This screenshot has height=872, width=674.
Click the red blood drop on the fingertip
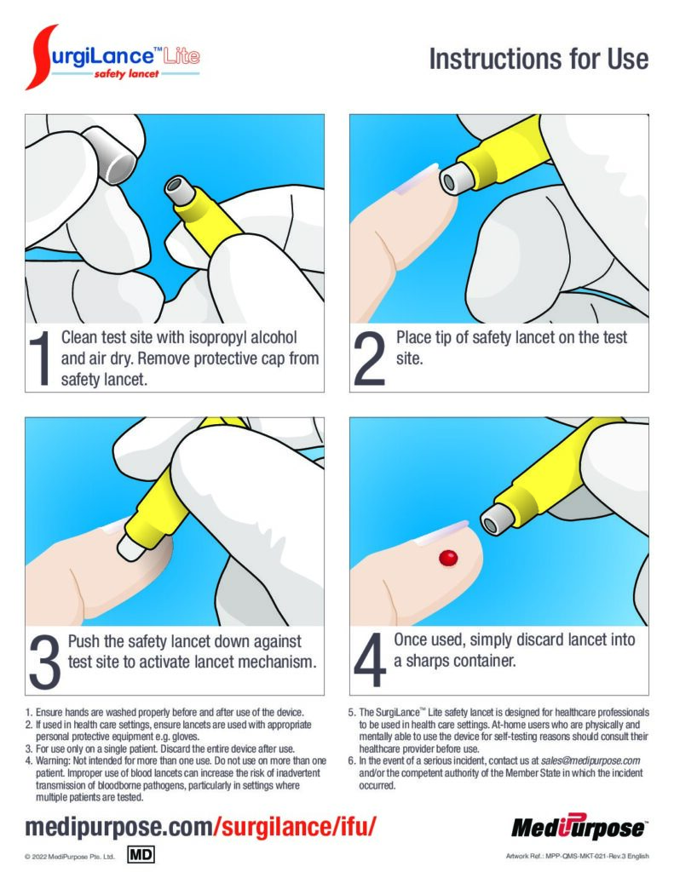[x=448, y=558]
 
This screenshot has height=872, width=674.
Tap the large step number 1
[x=41, y=359]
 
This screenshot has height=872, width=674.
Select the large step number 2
[x=370, y=359]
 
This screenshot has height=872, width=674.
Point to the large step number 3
[x=44, y=662]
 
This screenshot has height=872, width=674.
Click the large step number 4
[x=370, y=660]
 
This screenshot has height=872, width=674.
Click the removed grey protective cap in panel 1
[x=111, y=155]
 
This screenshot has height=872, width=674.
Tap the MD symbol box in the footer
[x=141, y=854]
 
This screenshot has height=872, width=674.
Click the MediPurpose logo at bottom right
[x=579, y=828]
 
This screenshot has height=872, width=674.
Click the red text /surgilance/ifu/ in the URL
[x=296, y=827]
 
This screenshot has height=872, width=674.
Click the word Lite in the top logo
[x=181, y=56]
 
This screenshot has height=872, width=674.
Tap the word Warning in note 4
[x=54, y=760]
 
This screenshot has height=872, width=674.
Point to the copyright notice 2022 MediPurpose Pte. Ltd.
[x=70, y=857]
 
